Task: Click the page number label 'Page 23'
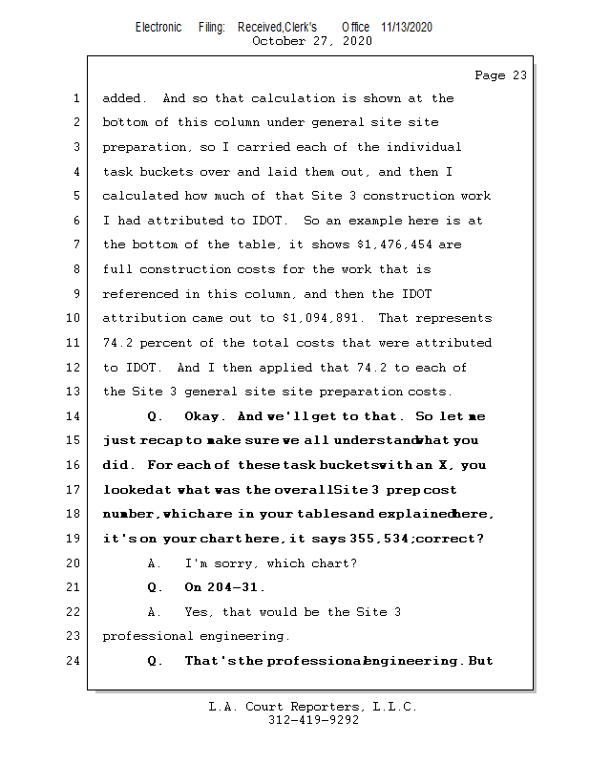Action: point(500,75)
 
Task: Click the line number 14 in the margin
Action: point(75,416)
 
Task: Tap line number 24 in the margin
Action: point(75,661)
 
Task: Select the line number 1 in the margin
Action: point(75,98)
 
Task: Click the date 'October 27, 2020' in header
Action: point(311,41)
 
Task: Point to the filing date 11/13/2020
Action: point(407,27)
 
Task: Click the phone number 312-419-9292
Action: point(313,720)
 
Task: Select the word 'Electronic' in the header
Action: point(158,27)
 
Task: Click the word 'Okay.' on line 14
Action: point(202,416)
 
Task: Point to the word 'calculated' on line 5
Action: point(140,196)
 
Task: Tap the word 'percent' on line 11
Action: point(175,343)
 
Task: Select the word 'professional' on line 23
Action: point(147,636)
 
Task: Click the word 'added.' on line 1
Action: point(124,98)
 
